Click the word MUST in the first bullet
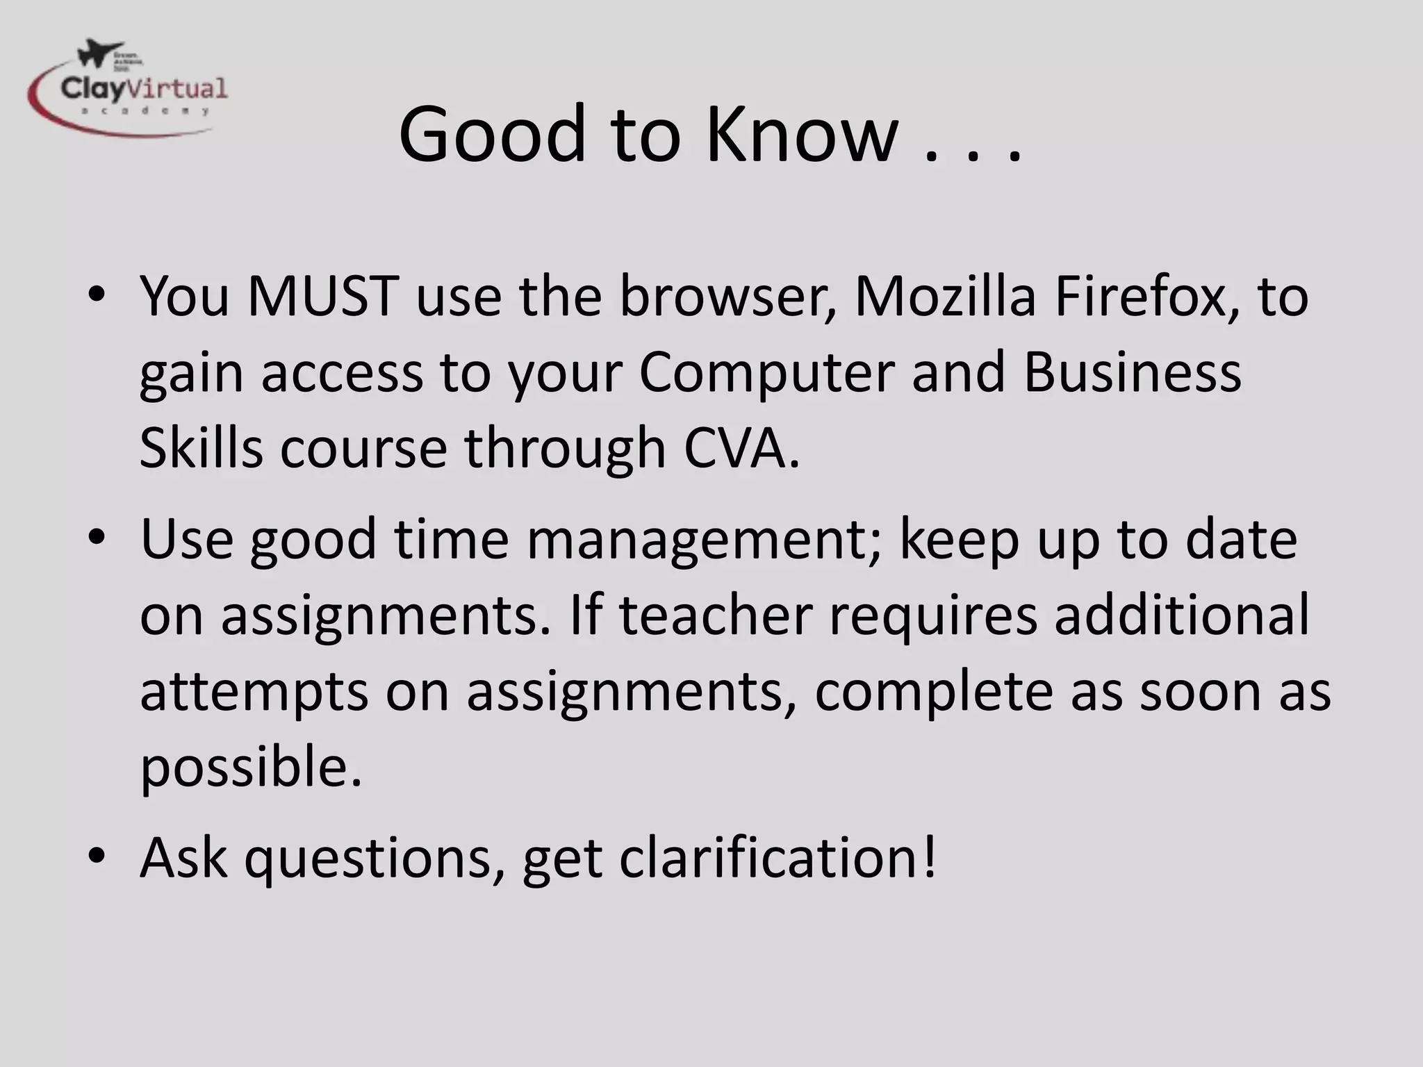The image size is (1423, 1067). click(322, 297)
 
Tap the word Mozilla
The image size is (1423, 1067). click(945, 297)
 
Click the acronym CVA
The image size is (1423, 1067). click(741, 448)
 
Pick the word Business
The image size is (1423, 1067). click(1132, 372)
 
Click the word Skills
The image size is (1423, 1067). click(201, 448)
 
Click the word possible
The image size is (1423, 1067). click(250, 767)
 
